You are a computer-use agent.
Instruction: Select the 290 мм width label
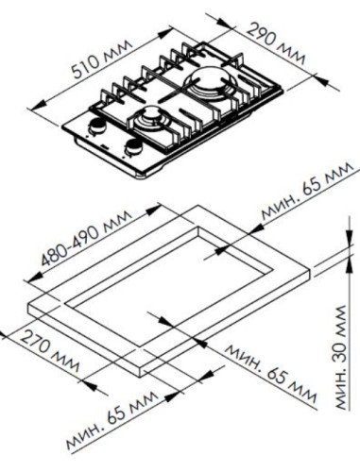tap(279, 43)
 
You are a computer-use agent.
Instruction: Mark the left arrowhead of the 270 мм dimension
tap(5, 332)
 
